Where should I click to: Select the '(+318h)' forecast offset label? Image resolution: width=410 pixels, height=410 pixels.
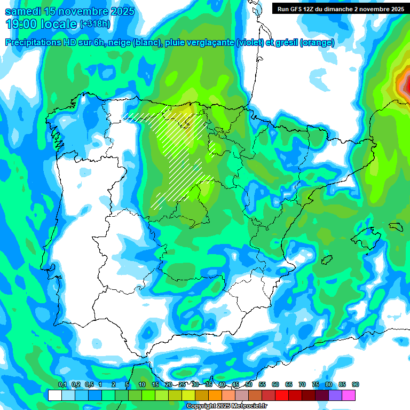click(94, 24)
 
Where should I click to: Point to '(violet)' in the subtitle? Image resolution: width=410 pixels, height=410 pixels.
click(250, 43)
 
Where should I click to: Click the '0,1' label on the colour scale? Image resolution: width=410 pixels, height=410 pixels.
click(62, 384)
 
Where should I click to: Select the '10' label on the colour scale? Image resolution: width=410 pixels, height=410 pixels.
click(141, 384)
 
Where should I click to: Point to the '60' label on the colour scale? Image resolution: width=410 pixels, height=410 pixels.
click(275, 384)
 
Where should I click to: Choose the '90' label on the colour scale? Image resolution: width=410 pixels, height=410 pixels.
click(356, 384)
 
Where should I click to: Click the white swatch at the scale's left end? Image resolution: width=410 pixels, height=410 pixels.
click(54, 395)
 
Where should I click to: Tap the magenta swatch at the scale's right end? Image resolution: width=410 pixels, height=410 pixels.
click(349, 395)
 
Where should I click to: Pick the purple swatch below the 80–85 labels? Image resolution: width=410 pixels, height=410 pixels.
click(335, 395)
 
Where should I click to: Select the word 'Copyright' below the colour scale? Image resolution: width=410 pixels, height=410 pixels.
click(200, 406)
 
